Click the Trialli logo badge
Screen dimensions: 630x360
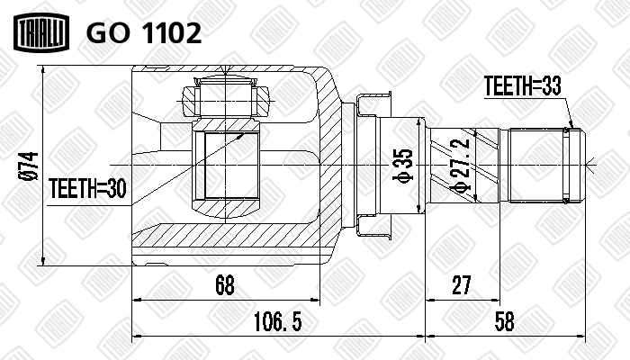coord(41,32)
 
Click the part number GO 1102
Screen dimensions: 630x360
coord(143,33)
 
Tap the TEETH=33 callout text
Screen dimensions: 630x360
coord(522,85)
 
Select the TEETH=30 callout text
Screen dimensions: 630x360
coord(87,188)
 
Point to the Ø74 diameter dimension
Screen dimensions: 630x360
coord(30,166)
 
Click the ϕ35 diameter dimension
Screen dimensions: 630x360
coord(403,165)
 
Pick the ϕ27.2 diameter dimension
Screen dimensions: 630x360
coord(460,166)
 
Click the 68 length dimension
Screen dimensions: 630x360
coord(225,285)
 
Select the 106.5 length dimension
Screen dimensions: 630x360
coord(277,322)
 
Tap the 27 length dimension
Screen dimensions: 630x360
coord(461,285)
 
